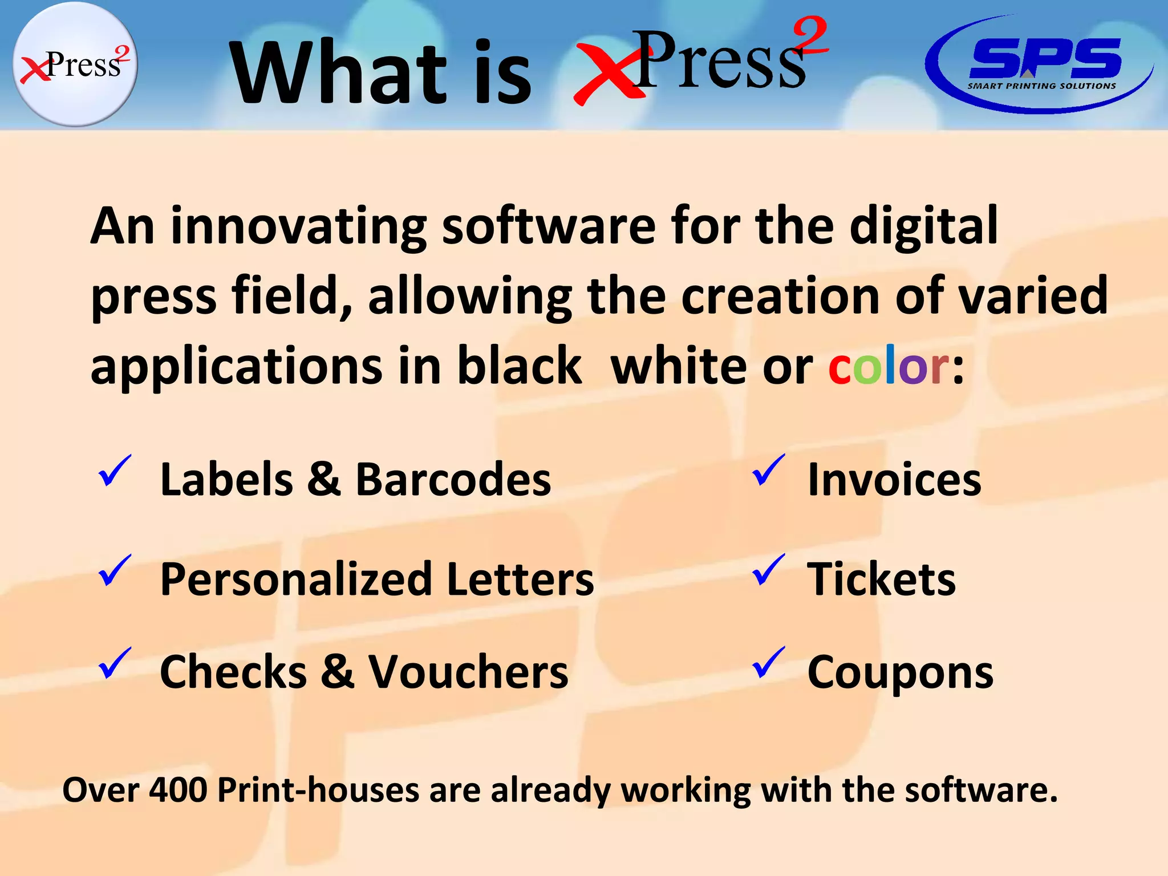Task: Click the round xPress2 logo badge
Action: (x=75, y=64)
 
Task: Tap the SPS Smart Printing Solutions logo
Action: (x=1039, y=64)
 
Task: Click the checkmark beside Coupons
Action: (x=768, y=663)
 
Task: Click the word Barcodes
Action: (x=453, y=480)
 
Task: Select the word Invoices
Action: (x=894, y=480)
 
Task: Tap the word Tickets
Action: (x=881, y=579)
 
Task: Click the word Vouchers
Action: (x=468, y=672)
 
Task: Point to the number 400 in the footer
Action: (x=178, y=790)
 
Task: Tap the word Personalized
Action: (x=297, y=579)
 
